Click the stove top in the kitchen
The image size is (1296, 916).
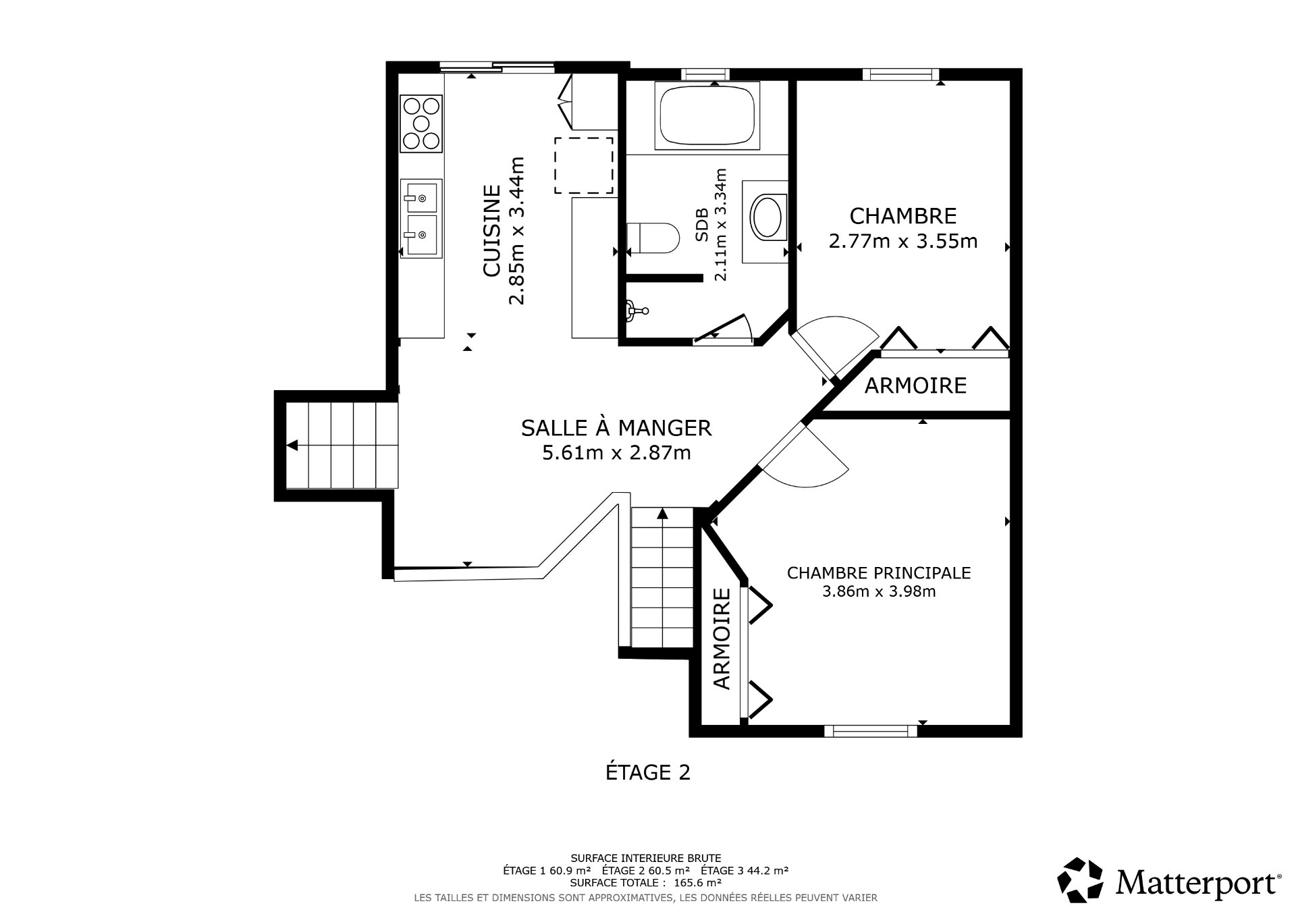[x=422, y=124]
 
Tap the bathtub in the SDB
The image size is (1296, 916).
[x=707, y=115]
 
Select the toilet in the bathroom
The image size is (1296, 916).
[x=653, y=238]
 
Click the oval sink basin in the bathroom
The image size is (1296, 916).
[x=767, y=217]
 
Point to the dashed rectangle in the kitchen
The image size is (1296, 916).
[x=584, y=165]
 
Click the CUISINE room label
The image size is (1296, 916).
[x=492, y=231]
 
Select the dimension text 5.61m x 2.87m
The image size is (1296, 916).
[x=616, y=453]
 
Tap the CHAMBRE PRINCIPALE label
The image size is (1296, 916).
[x=878, y=573]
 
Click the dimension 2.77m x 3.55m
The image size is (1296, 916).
[x=902, y=242]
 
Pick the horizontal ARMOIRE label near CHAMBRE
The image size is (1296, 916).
[x=915, y=386]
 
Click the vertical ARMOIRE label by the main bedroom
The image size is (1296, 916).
[x=722, y=639]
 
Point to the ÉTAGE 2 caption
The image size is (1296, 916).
[x=647, y=772]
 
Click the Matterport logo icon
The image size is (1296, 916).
[x=1080, y=880]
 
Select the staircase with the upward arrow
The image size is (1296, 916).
[x=662, y=577]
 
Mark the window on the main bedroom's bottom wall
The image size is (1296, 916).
[x=870, y=731]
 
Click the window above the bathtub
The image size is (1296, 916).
[x=705, y=74]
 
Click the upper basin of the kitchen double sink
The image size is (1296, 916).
[x=421, y=197]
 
